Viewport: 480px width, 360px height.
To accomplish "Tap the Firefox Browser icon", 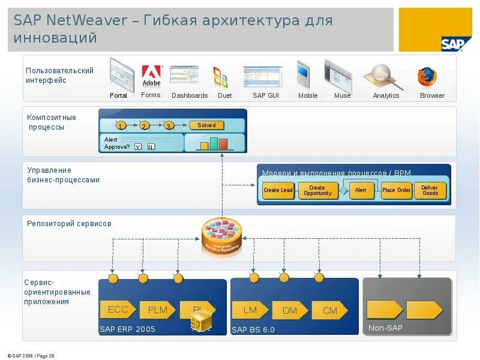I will pyautogui.click(x=427, y=77).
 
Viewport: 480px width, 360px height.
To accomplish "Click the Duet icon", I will pyautogui.click(x=220, y=77).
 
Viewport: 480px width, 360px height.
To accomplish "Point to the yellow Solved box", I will pyautogui.click(x=206, y=125).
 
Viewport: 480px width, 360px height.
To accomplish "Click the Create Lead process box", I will pyautogui.click(x=278, y=190).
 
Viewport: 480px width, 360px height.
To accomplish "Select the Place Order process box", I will pyautogui.click(x=397, y=190).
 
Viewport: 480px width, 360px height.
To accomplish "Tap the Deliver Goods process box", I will pyautogui.click(x=430, y=190).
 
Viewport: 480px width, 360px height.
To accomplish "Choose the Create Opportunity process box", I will pyautogui.click(x=318, y=190).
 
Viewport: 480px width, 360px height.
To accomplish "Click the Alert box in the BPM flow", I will pyautogui.click(x=361, y=190).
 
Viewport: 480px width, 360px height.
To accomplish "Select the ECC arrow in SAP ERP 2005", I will pyautogui.click(x=118, y=310).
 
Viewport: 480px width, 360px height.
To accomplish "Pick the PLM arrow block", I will pyautogui.click(x=158, y=310).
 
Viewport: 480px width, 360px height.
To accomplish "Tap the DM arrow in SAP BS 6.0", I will pyautogui.click(x=290, y=310).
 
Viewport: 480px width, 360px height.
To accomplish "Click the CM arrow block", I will pyautogui.click(x=330, y=310).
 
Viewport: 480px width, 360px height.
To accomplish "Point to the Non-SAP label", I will pyautogui.click(x=385, y=328).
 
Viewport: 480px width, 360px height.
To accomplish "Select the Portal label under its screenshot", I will pyautogui.click(x=118, y=95).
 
